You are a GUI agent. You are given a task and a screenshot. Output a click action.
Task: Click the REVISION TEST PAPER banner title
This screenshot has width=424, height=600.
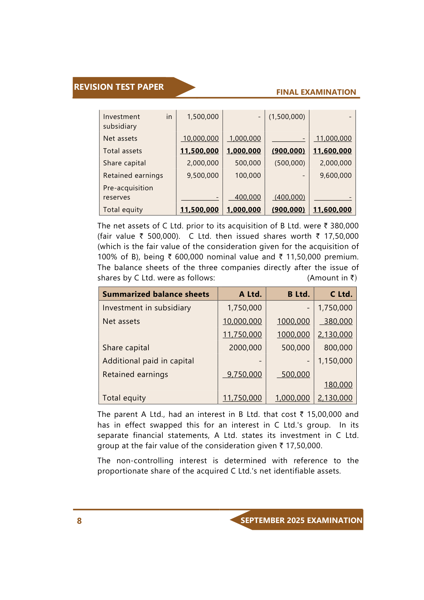coord(119,87)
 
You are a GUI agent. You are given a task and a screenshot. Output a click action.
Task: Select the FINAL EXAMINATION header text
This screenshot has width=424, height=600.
coord(316,92)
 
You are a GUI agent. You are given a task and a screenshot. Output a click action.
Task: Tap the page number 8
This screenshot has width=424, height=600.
coord(79,521)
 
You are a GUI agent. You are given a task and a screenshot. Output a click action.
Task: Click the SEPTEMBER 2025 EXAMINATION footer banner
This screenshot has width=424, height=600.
coord(301,520)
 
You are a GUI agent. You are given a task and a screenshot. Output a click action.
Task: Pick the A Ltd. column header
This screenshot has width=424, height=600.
coord(250,294)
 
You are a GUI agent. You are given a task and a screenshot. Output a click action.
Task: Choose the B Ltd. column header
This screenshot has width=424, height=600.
coord(298,294)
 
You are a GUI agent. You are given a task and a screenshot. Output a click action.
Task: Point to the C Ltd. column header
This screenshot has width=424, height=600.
coord(341,294)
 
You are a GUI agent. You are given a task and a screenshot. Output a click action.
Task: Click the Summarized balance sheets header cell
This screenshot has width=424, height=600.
coord(156,294)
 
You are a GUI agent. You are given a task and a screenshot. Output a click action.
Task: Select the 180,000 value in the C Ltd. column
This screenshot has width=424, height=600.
coord(338,385)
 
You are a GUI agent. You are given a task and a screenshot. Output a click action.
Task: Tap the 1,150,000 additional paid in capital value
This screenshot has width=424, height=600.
coord(335,361)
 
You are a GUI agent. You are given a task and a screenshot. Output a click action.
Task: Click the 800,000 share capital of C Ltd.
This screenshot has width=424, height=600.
coord(338,348)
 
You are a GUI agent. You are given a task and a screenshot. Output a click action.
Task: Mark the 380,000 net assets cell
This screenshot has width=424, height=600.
coord(338,321)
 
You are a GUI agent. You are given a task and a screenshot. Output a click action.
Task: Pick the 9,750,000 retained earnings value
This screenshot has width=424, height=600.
coord(244,374)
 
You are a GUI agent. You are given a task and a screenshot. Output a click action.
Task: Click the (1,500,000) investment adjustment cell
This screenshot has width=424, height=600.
coord(287,117)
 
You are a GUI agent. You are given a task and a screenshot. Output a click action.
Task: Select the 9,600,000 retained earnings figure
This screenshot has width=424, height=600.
coord(335,176)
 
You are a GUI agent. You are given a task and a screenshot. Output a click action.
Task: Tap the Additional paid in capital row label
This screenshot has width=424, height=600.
coord(148,361)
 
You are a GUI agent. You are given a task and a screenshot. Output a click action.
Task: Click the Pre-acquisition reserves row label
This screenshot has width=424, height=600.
coord(128,192)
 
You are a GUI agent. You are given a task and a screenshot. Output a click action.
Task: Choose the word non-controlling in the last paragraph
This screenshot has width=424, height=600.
coord(145,461)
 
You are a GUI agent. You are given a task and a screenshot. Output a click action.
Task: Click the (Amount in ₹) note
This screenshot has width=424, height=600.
coord(332,278)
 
